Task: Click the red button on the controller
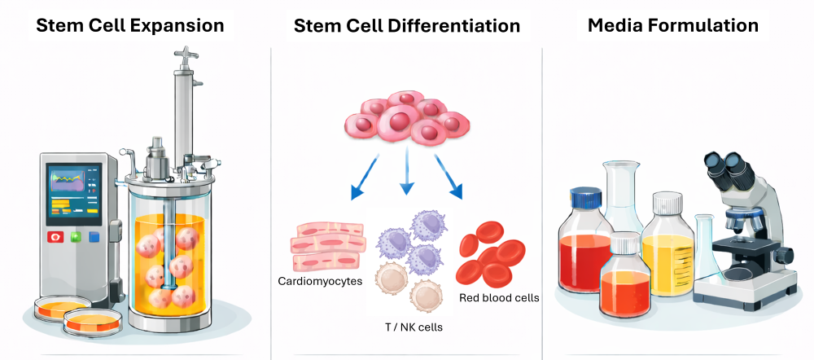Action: point(56,238)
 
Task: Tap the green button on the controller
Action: point(76,238)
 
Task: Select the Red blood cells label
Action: point(499,298)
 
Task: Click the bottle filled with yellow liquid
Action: point(667,252)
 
